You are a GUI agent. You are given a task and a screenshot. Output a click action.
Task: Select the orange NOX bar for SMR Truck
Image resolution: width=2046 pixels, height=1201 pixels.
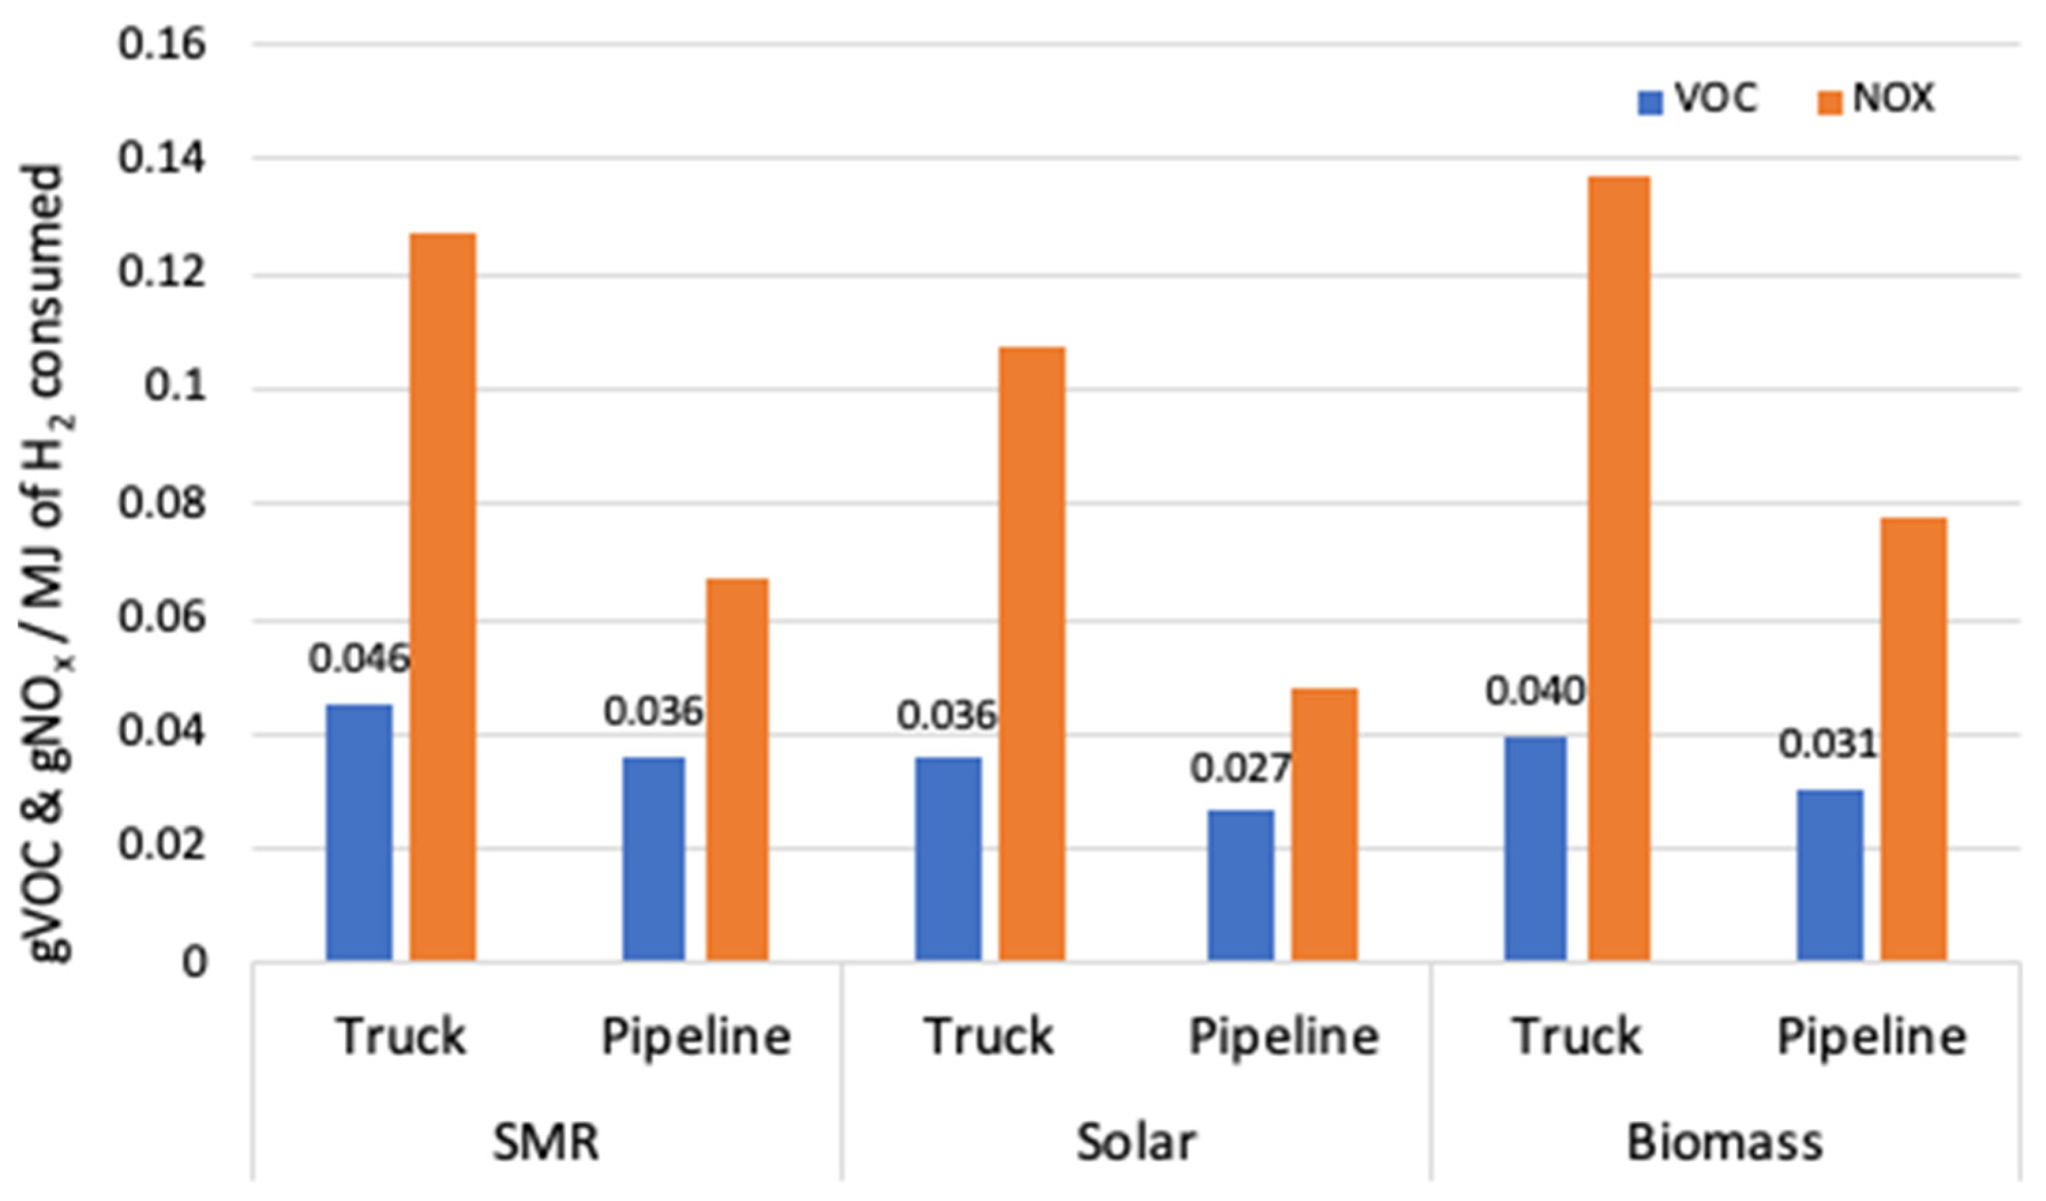pyautogui.click(x=442, y=597)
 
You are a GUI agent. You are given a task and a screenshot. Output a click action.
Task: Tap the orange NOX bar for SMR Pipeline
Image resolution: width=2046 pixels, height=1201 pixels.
pyautogui.click(x=736, y=769)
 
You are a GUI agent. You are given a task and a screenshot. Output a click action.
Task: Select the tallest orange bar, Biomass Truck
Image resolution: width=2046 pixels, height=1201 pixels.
pyautogui.click(x=1619, y=568)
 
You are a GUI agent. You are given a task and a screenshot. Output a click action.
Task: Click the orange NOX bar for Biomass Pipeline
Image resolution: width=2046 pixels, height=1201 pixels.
pyautogui.click(x=1914, y=739)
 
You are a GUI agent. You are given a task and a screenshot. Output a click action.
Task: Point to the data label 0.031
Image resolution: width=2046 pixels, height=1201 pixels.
pyautogui.click(x=1828, y=745)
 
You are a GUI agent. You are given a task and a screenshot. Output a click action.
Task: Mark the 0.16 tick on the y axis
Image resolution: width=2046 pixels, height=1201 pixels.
pyautogui.click(x=162, y=44)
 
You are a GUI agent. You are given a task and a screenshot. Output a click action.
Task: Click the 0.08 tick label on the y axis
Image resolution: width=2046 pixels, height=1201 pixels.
pyautogui.click(x=162, y=503)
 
